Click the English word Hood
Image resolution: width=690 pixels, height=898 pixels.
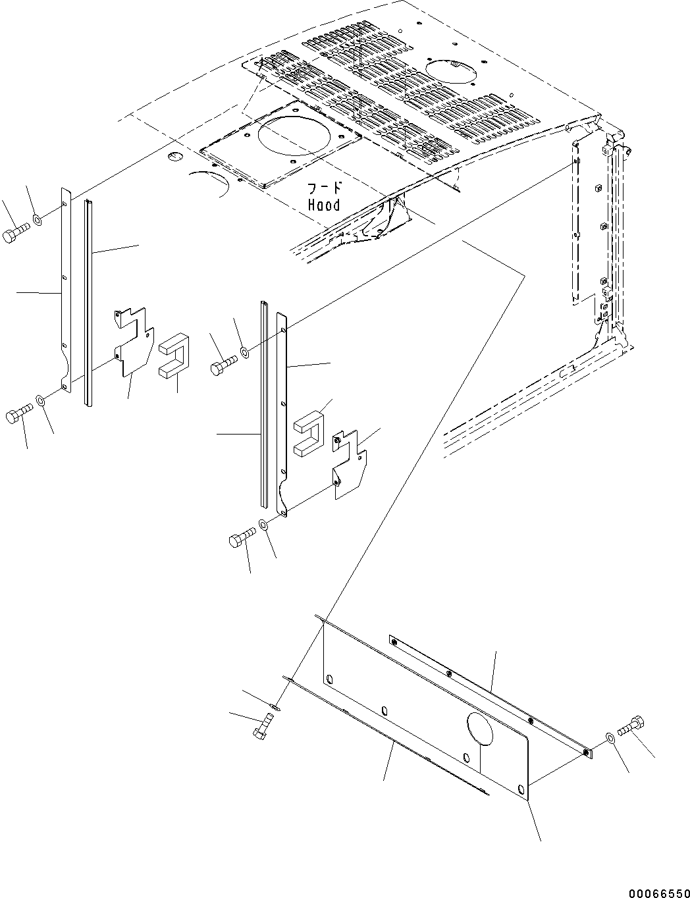[x=324, y=205]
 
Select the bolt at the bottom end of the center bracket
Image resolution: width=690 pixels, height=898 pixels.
[x=242, y=540]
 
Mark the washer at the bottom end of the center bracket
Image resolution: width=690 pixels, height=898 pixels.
[x=264, y=526]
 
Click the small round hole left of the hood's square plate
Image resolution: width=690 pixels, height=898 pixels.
[x=174, y=155]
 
